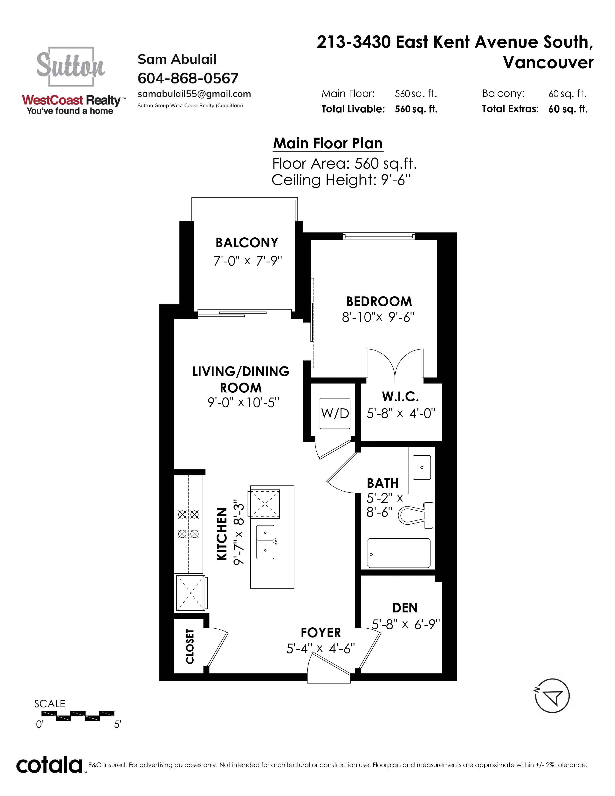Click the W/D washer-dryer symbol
[335, 413]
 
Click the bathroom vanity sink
[422, 467]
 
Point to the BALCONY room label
[247, 243]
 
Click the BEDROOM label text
[379, 302]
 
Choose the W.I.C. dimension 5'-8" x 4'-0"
[401, 413]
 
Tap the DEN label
[405, 608]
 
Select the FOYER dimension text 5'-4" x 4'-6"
[320, 649]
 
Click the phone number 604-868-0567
[188, 78]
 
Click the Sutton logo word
[70, 65]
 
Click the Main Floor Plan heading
[328, 143]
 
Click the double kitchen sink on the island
[265, 542]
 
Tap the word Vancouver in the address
[548, 63]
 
